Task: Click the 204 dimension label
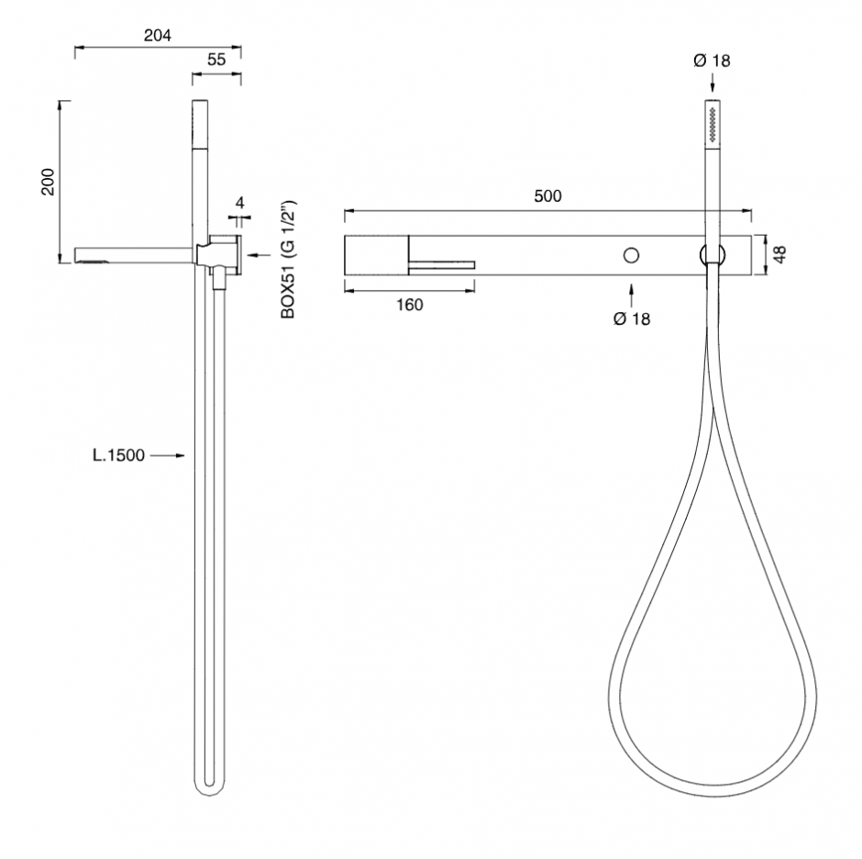tap(157, 35)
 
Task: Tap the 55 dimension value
tap(216, 60)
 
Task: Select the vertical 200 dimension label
tap(49, 182)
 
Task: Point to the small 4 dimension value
tap(239, 203)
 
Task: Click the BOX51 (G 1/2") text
tap(288, 259)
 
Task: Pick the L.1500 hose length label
tap(118, 455)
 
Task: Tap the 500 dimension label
tap(547, 195)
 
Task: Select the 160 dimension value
tap(410, 305)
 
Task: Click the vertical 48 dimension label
tap(779, 254)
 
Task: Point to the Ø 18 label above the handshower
tap(712, 61)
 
